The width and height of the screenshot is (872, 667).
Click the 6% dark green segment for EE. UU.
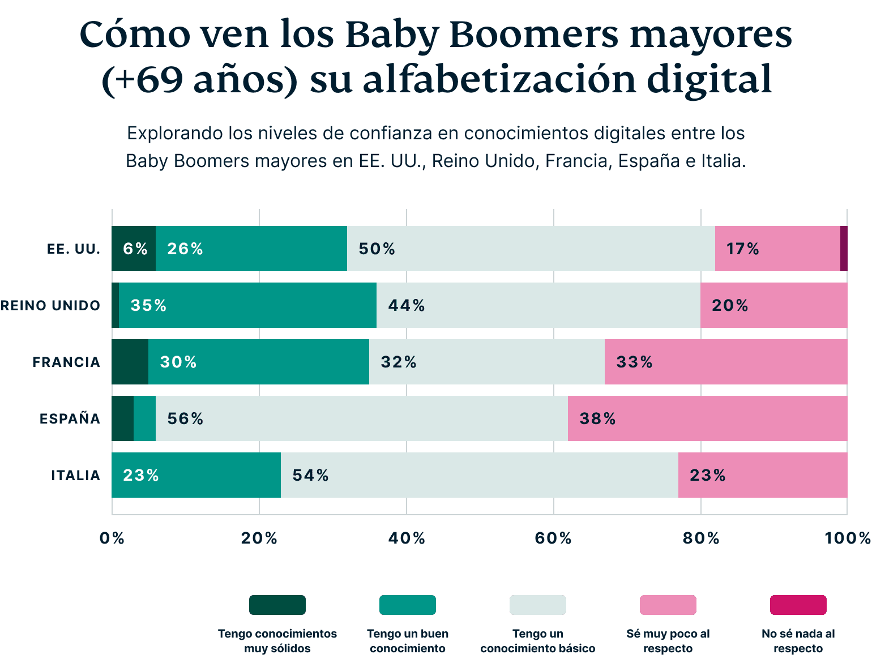[134, 249]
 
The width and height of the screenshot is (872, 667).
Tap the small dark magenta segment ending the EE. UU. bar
[844, 249]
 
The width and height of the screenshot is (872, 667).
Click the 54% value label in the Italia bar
[310, 475]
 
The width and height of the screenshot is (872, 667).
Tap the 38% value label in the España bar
[597, 418]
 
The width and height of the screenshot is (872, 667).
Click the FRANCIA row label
[66, 362]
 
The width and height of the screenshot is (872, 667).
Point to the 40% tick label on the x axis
[407, 538]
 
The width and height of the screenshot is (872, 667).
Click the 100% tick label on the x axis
[847, 538]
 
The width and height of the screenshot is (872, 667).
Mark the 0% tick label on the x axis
[112, 538]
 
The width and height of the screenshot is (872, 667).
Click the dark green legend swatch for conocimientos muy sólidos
[277, 605]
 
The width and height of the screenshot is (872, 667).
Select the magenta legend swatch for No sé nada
[798, 605]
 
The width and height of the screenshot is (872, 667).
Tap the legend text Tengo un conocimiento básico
[537, 641]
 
